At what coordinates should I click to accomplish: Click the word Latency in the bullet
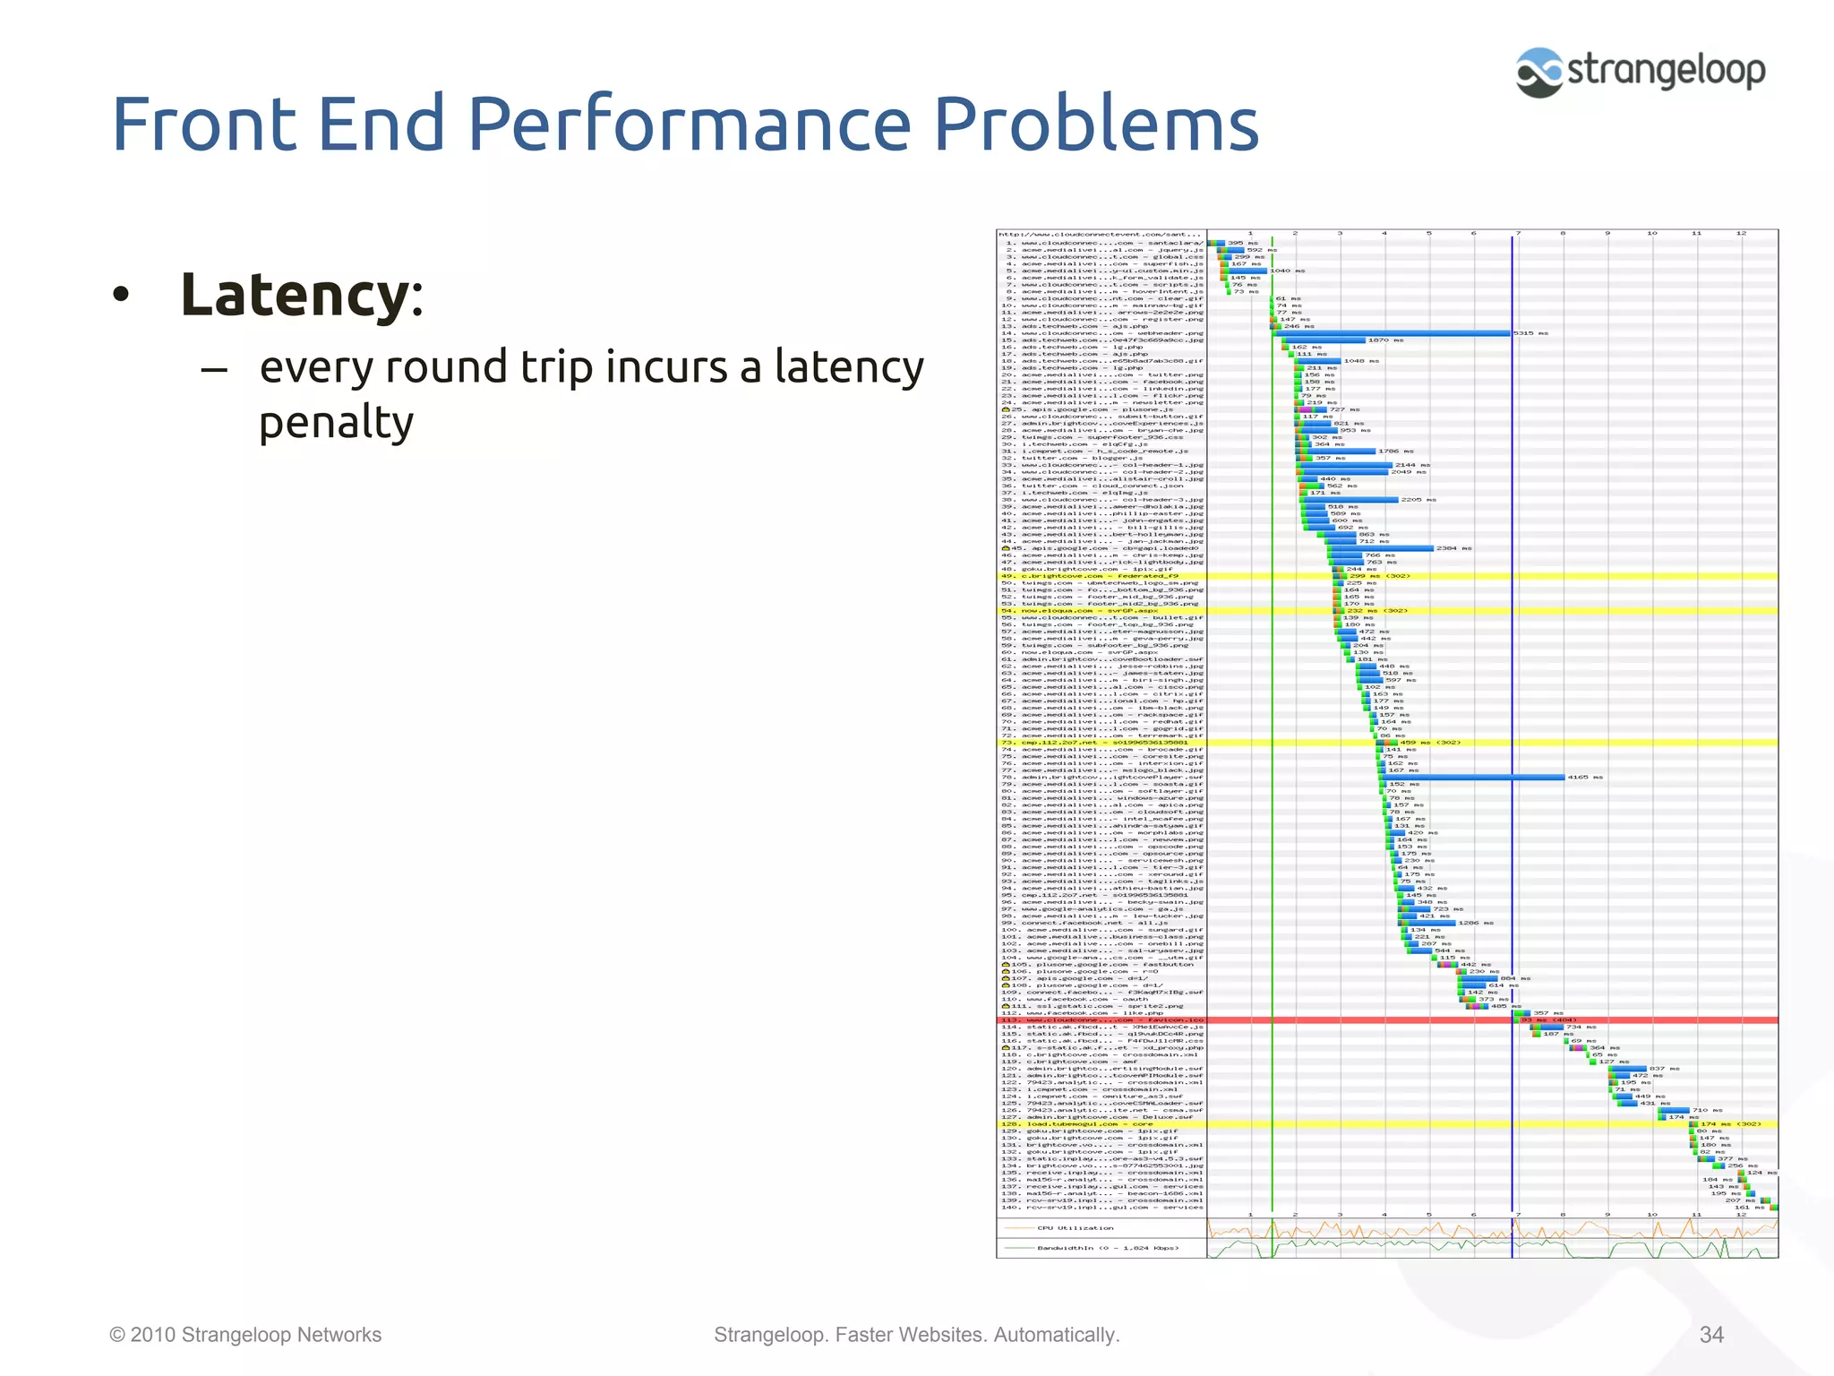[295, 295]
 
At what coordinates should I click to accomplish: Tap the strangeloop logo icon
[1538, 73]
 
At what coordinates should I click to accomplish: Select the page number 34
[1711, 1335]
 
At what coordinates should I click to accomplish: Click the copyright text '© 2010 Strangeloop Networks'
[245, 1335]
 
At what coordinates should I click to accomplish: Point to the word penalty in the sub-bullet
[336, 422]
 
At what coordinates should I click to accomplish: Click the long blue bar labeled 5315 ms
[1397, 333]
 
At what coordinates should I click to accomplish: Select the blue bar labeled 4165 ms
[1478, 778]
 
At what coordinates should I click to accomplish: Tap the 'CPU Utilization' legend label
[1075, 1228]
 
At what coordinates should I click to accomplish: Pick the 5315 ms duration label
[1530, 333]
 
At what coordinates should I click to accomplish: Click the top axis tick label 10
[1651, 233]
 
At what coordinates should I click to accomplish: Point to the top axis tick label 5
[1428, 233]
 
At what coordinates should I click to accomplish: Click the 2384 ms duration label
[1453, 548]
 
